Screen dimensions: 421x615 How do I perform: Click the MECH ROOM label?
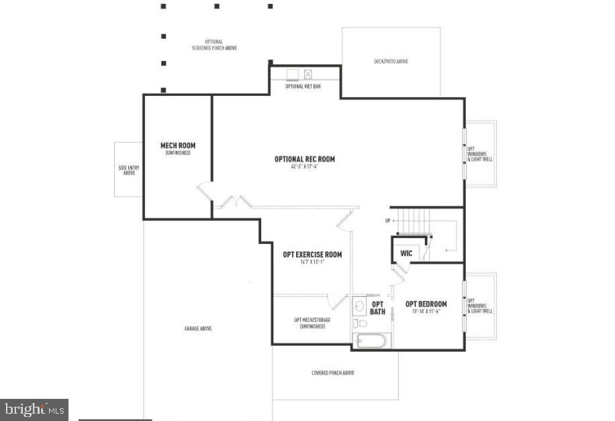pos(178,145)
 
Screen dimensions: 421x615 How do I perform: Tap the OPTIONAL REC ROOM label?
pos(304,159)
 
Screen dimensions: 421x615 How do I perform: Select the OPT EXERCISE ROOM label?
pos(312,254)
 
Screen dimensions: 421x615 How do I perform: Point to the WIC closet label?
pos(406,253)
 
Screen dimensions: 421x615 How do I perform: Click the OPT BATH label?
pos(377,308)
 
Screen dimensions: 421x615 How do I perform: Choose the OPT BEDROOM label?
pos(426,304)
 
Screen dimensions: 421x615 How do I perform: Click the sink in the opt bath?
pos(360,306)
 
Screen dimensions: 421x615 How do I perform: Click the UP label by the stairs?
pos(387,221)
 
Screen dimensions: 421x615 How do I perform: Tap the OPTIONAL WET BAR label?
pos(303,86)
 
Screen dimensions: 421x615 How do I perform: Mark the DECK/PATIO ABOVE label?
pos(391,62)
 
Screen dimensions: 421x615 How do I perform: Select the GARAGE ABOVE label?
pos(199,328)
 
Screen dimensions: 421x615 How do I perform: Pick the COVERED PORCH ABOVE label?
pos(333,373)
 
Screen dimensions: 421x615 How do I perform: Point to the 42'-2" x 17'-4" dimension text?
pos(304,166)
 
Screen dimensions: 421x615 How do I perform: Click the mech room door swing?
pos(205,191)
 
